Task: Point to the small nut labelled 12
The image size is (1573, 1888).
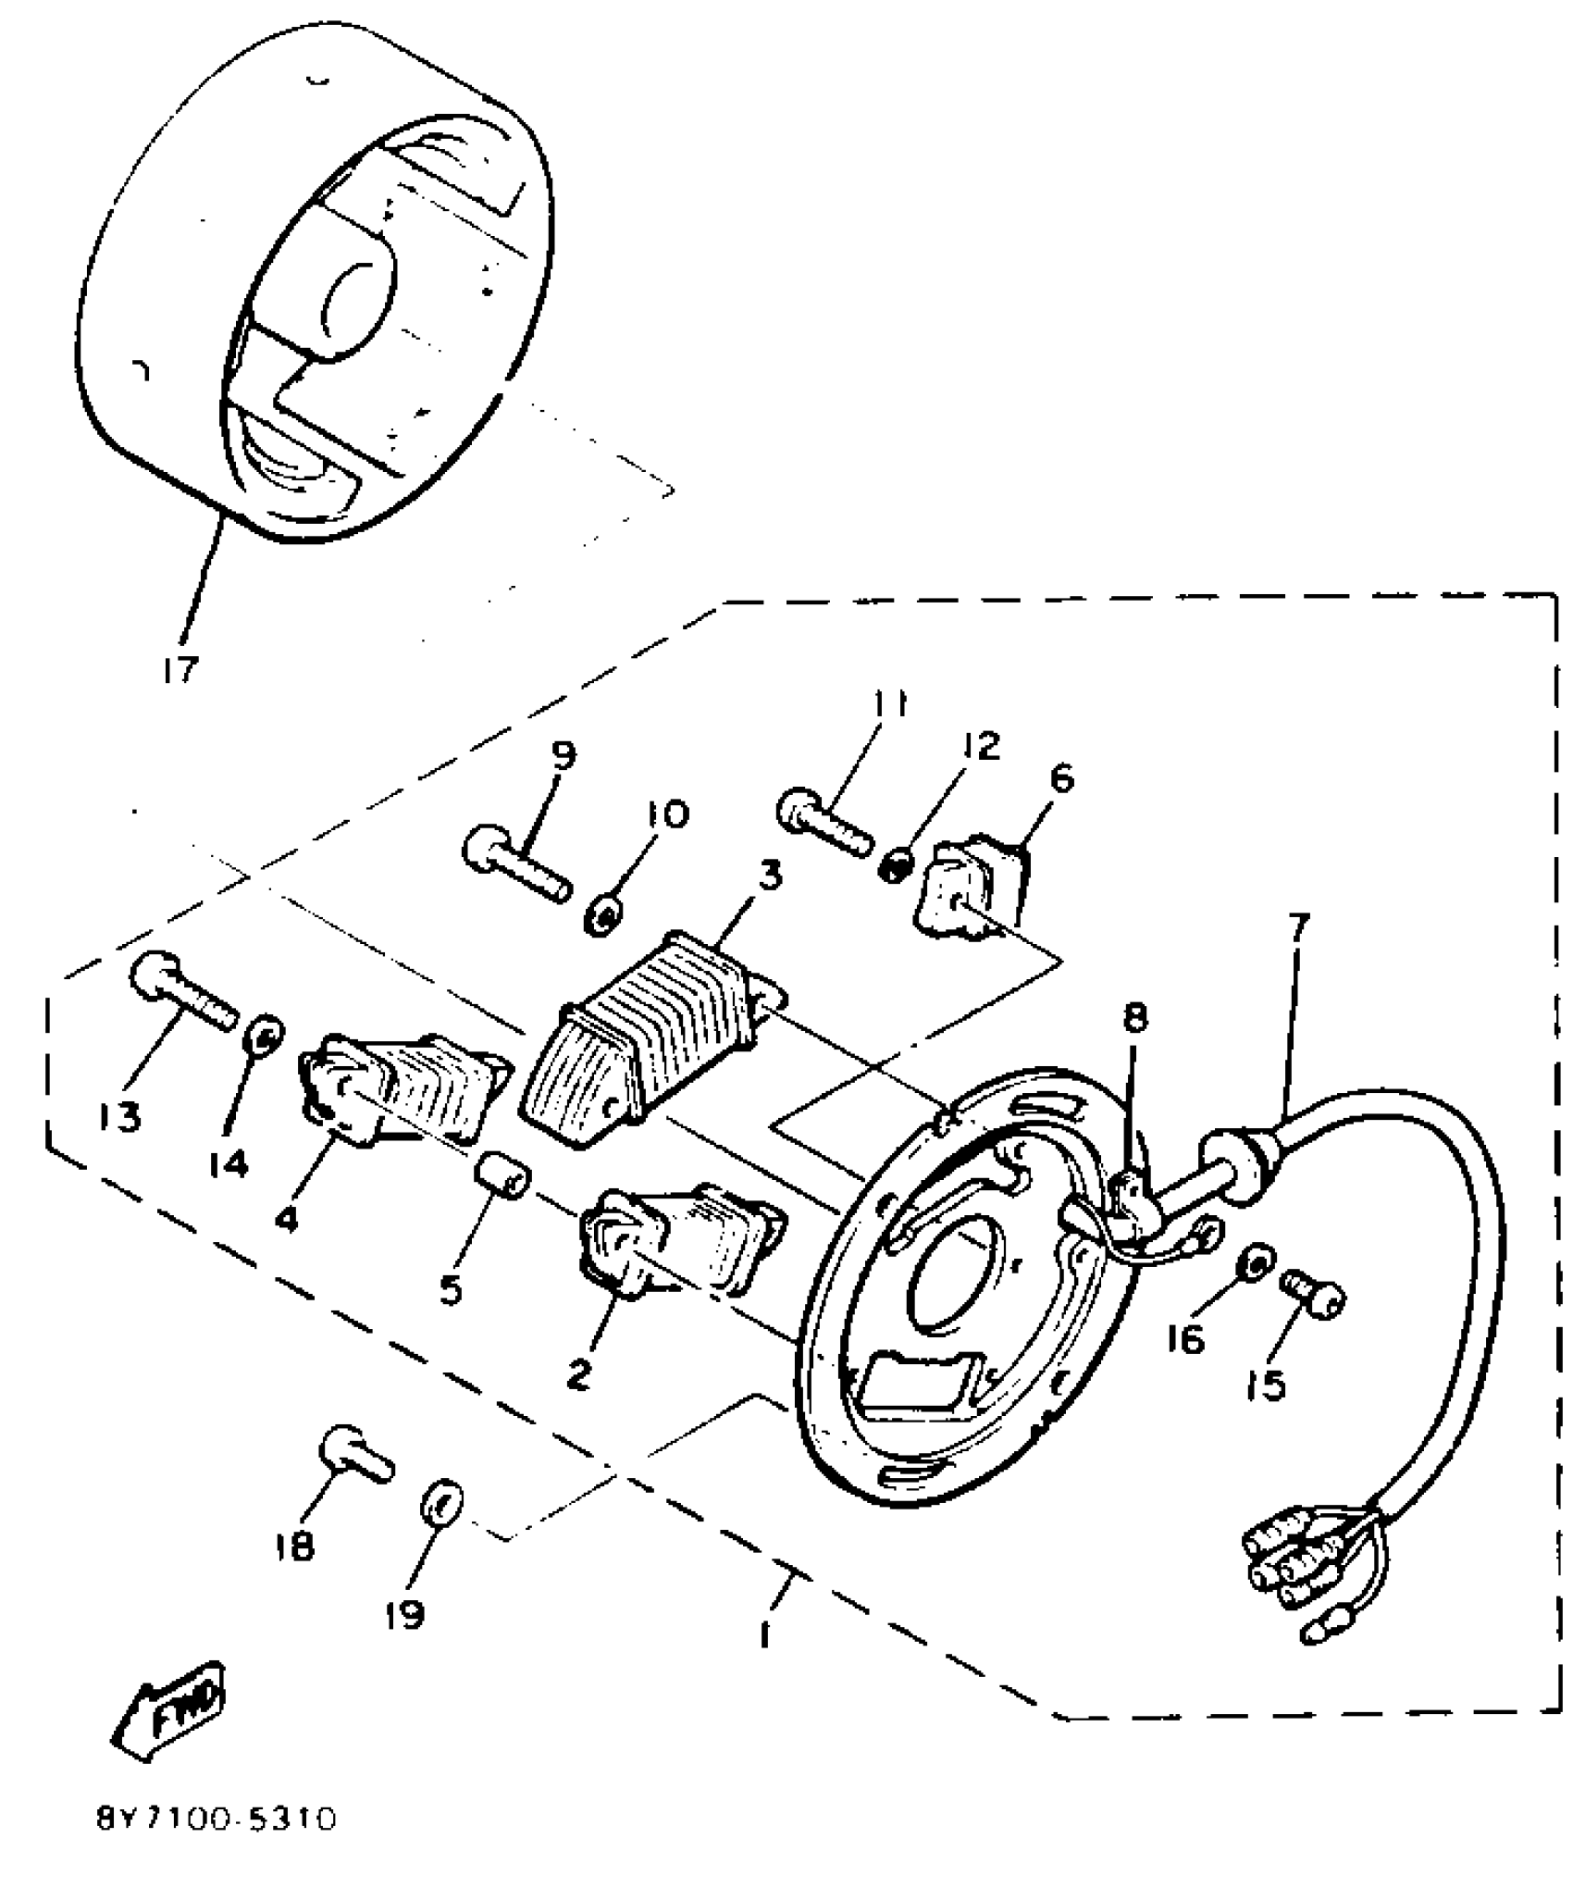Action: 897,866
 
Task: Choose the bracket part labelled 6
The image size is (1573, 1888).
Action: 972,885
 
